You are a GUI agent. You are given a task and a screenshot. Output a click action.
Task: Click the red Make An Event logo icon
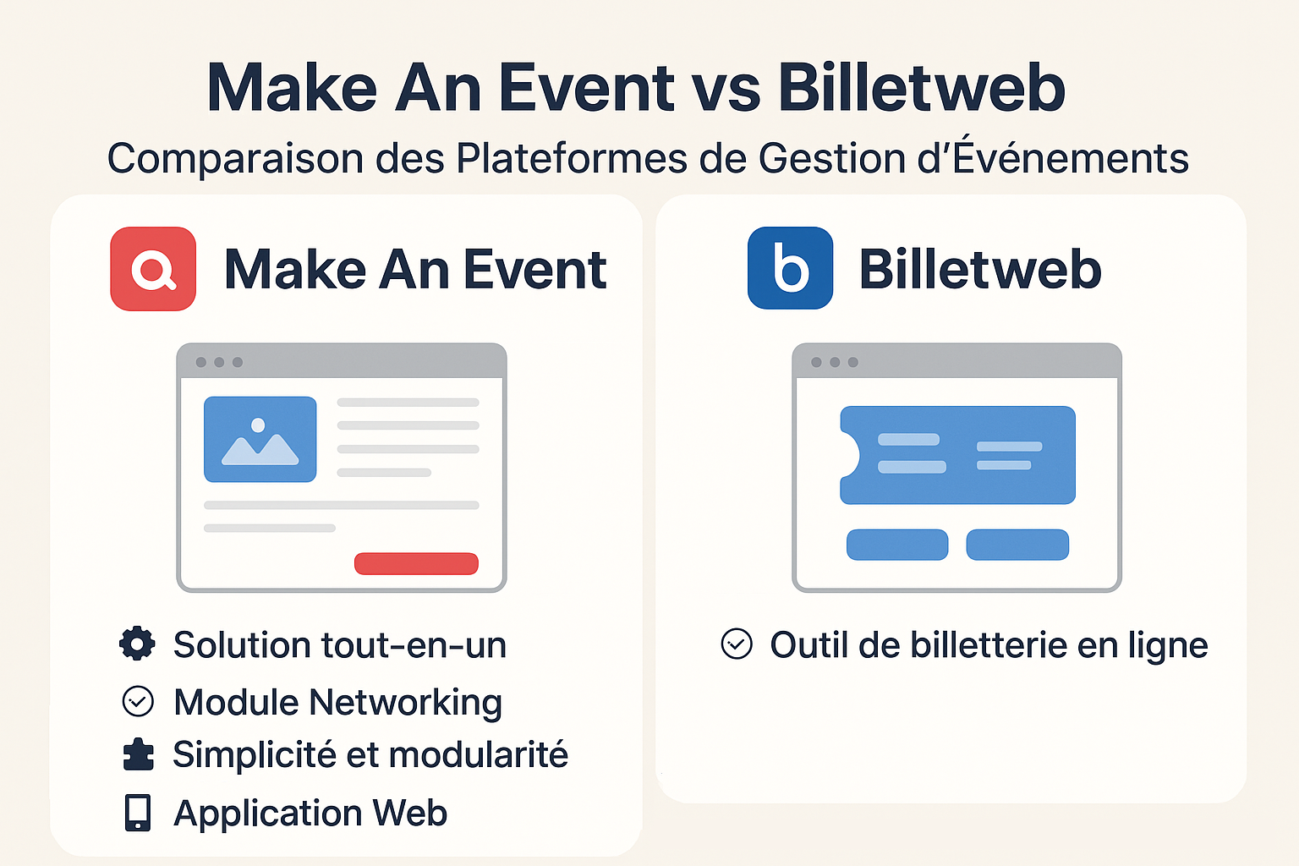(153, 269)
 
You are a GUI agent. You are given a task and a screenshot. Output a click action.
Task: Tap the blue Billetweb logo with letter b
(791, 268)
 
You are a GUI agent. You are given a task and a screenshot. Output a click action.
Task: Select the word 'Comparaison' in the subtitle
(235, 158)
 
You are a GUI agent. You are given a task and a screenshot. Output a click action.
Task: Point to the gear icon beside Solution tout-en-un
(138, 644)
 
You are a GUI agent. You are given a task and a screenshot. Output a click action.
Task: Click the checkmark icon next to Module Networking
(138, 701)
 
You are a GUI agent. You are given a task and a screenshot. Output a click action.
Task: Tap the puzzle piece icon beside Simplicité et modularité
(139, 754)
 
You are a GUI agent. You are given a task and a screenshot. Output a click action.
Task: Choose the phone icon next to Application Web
(138, 813)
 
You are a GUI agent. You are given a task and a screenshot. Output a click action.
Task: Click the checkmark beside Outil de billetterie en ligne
(737, 644)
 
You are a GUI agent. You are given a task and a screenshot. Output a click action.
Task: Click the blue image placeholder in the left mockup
(260, 439)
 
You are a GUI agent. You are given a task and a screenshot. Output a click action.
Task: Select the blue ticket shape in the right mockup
(957, 455)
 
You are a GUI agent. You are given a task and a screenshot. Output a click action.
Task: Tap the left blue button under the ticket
(897, 545)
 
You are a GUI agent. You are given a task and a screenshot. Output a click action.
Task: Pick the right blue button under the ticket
(1017, 545)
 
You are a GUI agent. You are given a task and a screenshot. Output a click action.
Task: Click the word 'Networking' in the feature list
(405, 703)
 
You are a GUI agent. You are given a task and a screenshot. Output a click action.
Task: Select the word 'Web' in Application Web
(409, 813)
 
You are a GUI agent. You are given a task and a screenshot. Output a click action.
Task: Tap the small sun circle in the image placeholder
(258, 425)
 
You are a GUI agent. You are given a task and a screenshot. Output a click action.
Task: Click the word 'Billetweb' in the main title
(922, 88)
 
